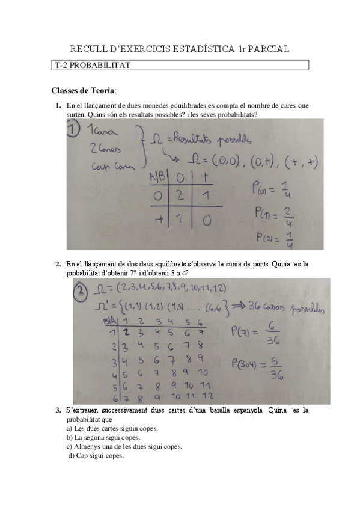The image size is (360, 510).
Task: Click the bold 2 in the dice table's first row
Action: coord(126,331)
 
